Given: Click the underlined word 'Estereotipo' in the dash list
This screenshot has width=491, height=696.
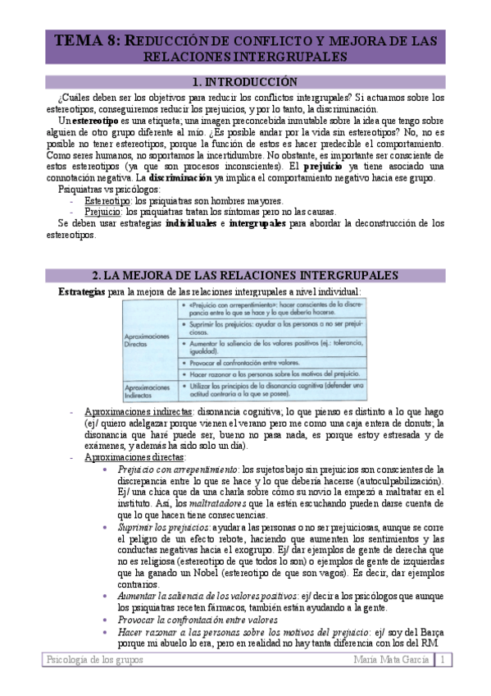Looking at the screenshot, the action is pyautogui.click(x=107, y=201).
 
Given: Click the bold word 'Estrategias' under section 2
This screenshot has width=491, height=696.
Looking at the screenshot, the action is pyautogui.click(x=81, y=291).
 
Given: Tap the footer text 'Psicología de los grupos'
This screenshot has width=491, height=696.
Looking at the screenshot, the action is pyautogui.click(x=90, y=660).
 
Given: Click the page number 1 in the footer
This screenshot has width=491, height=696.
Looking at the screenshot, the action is pyautogui.click(x=440, y=660).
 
